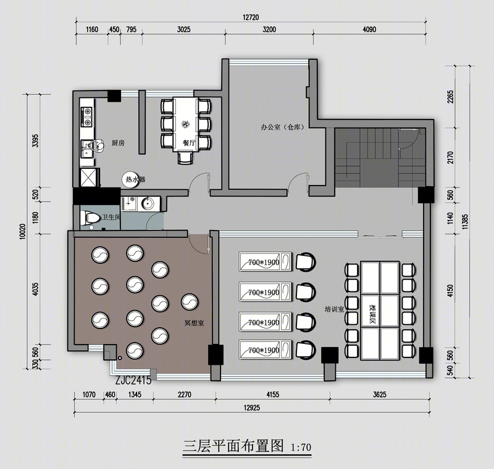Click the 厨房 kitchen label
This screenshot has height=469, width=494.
click(118, 143)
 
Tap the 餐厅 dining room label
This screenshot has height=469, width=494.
click(189, 143)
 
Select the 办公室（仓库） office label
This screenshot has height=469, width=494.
click(282, 128)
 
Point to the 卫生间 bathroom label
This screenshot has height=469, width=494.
click(111, 217)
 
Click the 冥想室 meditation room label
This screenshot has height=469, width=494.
click(194, 323)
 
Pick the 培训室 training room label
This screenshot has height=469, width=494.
click(334, 309)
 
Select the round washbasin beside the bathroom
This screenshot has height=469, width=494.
click(147, 204)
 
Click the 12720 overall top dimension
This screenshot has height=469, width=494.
click(251, 17)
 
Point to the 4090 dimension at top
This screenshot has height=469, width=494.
click(369, 30)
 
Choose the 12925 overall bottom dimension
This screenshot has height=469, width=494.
click(252, 408)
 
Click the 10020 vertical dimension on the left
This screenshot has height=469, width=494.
click(22, 231)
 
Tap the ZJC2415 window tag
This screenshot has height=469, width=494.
click(133, 381)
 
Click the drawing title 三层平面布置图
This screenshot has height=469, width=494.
click(233, 446)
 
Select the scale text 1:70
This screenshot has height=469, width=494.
click(301, 447)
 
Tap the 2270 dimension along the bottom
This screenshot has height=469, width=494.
click(184, 394)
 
